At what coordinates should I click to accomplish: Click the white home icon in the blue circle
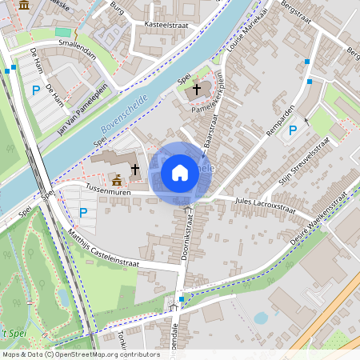(179, 173)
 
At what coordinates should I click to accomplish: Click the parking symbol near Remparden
(293, 130)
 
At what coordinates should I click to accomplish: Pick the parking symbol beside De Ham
(35, 91)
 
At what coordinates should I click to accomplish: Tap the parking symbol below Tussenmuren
(83, 213)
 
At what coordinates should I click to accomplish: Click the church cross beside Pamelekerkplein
(197, 90)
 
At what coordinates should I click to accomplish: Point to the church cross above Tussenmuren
(135, 170)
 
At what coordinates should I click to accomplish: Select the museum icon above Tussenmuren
(118, 179)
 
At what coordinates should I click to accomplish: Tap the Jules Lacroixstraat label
(265, 207)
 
